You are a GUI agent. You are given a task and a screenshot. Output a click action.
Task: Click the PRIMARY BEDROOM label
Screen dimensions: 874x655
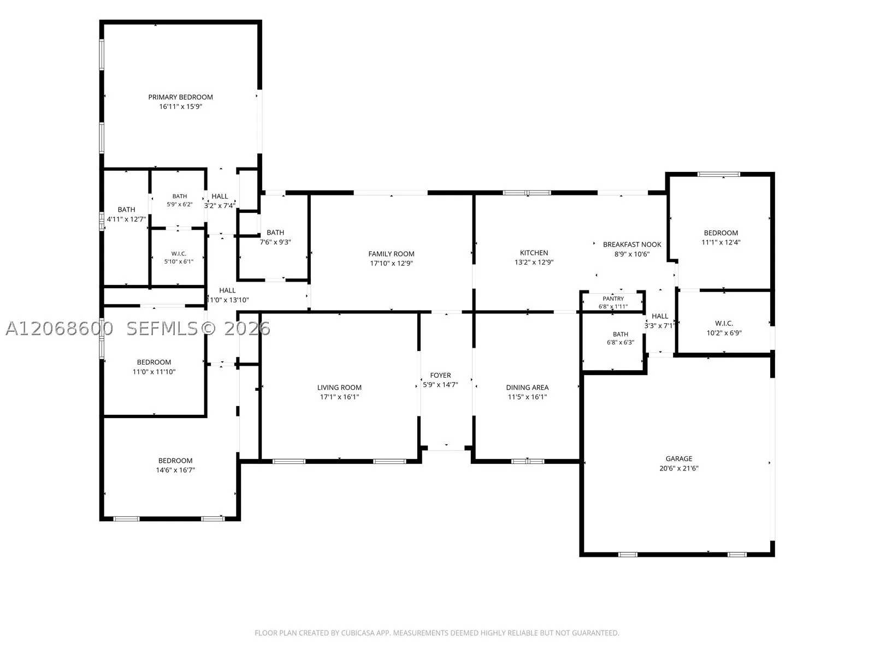click(x=180, y=97)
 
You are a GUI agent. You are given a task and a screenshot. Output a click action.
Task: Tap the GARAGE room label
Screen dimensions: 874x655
click(x=678, y=458)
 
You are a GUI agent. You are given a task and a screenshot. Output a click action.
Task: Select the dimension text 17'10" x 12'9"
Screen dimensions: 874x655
click(x=391, y=263)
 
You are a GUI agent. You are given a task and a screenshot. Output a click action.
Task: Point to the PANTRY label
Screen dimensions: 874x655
click(x=613, y=298)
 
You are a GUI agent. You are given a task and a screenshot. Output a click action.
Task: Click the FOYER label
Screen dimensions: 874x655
click(x=440, y=375)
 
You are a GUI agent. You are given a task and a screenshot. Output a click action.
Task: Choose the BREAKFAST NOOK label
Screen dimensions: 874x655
click(x=632, y=245)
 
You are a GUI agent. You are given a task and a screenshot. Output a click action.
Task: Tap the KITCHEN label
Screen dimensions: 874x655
click(x=534, y=253)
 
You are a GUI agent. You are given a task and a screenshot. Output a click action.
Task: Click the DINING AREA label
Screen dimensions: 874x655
click(x=527, y=388)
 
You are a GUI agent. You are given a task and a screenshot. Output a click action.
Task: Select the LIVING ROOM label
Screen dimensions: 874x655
click(x=339, y=388)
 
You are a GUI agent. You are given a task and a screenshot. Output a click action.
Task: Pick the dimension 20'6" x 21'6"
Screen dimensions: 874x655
click(x=678, y=468)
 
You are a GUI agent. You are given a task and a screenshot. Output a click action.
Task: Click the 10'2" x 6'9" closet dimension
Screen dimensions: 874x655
click(x=724, y=333)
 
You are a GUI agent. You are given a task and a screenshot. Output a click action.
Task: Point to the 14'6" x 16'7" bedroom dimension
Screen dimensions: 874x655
click(x=175, y=470)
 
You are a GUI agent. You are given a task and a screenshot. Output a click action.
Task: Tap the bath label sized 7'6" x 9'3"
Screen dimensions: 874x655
click(x=275, y=233)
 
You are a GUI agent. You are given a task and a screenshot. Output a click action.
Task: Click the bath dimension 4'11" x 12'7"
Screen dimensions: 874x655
click(x=126, y=219)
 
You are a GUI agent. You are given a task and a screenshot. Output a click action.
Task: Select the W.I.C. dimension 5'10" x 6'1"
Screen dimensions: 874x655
click(x=179, y=261)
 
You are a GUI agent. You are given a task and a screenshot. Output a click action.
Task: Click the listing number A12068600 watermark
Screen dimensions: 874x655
click(x=60, y=329)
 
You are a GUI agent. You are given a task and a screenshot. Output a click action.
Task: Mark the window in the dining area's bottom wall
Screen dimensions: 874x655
click(x=528, y=461)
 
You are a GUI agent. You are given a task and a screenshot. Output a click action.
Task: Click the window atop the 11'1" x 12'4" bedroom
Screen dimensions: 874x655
click(x=719, y=174)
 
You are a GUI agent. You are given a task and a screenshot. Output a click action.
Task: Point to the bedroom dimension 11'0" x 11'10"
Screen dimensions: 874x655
click(x=153, y=372)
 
